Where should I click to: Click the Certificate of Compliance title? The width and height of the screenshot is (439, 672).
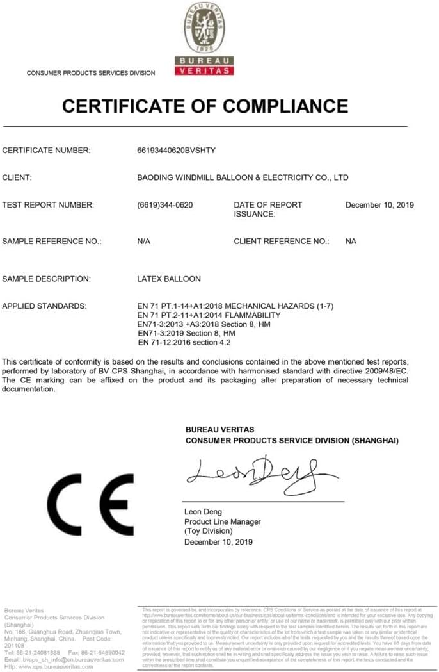point(205,106)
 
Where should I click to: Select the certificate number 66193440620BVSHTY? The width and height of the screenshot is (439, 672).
point(177,151)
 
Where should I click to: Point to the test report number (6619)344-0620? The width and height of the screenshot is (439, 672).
point(165,205)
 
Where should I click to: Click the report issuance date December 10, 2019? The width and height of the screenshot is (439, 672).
point(379,205)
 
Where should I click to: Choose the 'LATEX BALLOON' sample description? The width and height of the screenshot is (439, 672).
point(169,279)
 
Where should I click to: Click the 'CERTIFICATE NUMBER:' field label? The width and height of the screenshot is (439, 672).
point(47,151)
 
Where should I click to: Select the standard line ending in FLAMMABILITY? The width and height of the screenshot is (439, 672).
point(209,315)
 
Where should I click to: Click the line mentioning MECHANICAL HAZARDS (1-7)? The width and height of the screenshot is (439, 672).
point(235,306)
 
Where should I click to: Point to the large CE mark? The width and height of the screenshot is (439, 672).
point(90,505)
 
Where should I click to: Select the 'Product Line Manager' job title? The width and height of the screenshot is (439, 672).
point(223,522)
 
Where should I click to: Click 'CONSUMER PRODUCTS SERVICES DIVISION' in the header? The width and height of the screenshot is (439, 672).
point(91,73)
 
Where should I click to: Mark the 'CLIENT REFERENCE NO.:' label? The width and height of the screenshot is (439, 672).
point(282,242)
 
